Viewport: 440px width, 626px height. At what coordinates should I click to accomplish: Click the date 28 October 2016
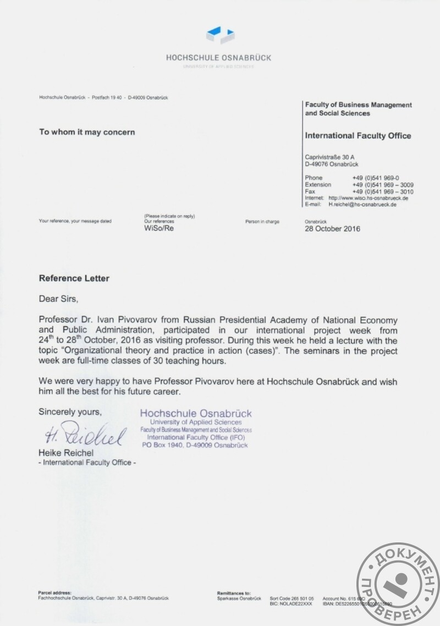pos(332,229)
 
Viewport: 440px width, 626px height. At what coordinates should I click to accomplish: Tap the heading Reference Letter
pos(74,278)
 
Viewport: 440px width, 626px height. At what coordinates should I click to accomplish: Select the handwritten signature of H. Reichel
pos(86,435)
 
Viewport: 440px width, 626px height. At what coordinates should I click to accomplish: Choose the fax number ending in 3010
pos(383,191)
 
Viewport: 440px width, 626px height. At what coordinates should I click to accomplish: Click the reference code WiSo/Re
pos(158,228)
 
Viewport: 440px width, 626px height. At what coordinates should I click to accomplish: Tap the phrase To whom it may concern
pos(86,132)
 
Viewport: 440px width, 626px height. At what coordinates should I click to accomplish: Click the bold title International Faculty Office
pos(358,136)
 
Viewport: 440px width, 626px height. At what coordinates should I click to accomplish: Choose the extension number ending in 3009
pos(383,185)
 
